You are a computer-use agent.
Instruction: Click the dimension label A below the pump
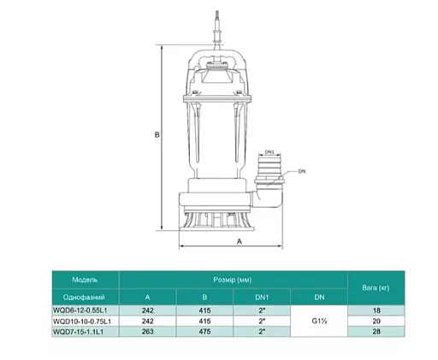[x=237, y=242]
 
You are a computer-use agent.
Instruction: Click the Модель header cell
[x=85, y=279]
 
